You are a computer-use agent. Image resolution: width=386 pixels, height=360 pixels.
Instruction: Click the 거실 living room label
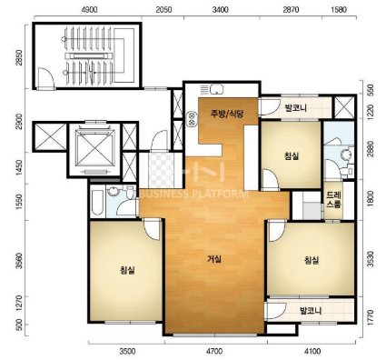point(214,259)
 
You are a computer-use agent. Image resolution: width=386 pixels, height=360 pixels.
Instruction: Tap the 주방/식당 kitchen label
point(227,114)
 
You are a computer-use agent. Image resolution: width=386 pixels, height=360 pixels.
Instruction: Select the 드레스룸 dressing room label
point(333,200)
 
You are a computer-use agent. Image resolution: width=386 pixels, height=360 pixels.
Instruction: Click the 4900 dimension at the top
point(90,10)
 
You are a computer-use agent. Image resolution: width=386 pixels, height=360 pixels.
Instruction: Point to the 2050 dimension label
point(163,10)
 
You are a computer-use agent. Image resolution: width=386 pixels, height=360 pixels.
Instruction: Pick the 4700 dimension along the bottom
point(214,352)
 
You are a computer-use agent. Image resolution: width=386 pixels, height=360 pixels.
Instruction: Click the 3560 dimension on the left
point(20,261)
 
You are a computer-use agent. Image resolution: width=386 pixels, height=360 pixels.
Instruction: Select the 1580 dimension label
point(339,10)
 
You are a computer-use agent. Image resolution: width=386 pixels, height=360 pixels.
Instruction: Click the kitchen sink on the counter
point(217,89)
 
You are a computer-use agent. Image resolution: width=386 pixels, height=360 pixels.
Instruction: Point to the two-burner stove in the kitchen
point(192,119)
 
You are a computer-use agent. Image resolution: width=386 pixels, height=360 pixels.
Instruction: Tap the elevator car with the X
point(95,147)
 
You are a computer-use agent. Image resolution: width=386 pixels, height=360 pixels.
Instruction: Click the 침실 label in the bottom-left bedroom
point(127,270)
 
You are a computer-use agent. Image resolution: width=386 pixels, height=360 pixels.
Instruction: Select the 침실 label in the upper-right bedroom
point(292,156)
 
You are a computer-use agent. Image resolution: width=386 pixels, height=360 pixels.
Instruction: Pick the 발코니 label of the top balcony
point(296,108)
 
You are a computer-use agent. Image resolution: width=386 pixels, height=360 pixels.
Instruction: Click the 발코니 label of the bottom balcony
point(311,311)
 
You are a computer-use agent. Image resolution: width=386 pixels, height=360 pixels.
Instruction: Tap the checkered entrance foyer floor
point(161,171)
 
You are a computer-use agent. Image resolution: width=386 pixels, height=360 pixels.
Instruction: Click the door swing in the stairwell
point(46,78)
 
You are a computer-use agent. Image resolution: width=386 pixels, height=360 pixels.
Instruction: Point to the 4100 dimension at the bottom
point(312,352)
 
